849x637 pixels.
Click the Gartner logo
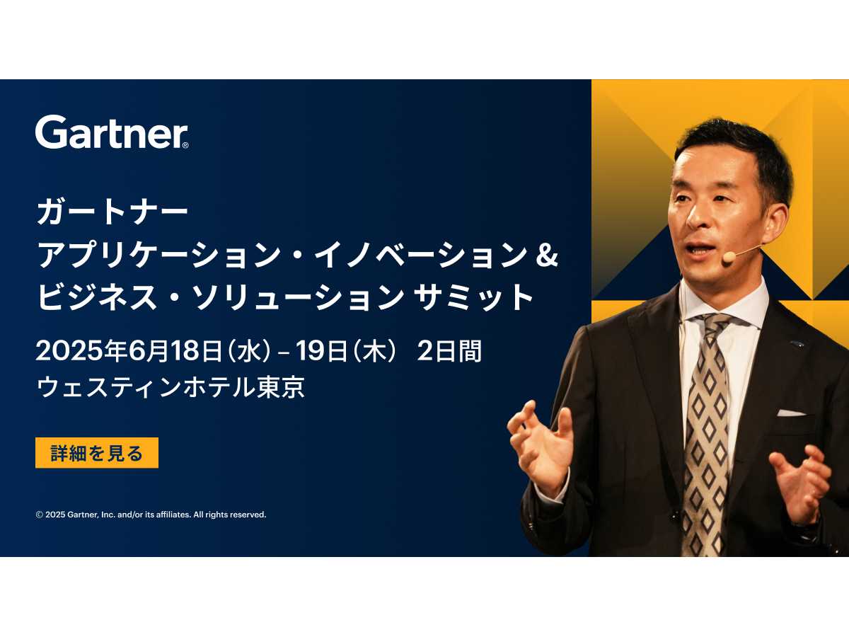[x=112, y=132]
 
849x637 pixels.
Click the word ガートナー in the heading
[x=112, y=213]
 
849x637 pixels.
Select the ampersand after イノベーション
[x=546, y=256]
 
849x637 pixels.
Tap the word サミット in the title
[x=473, y=297]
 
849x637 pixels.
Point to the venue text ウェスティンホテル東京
[x=171, y=386]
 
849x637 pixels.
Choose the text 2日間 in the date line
[x=449, y=351]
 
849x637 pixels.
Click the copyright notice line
[x=151, y=515]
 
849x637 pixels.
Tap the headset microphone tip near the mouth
[x=728, y=258]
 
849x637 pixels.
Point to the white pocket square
[x=790, y=413]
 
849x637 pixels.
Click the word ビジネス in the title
[x=97, y=297]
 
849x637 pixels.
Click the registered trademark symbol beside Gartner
[x=185, y=145]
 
